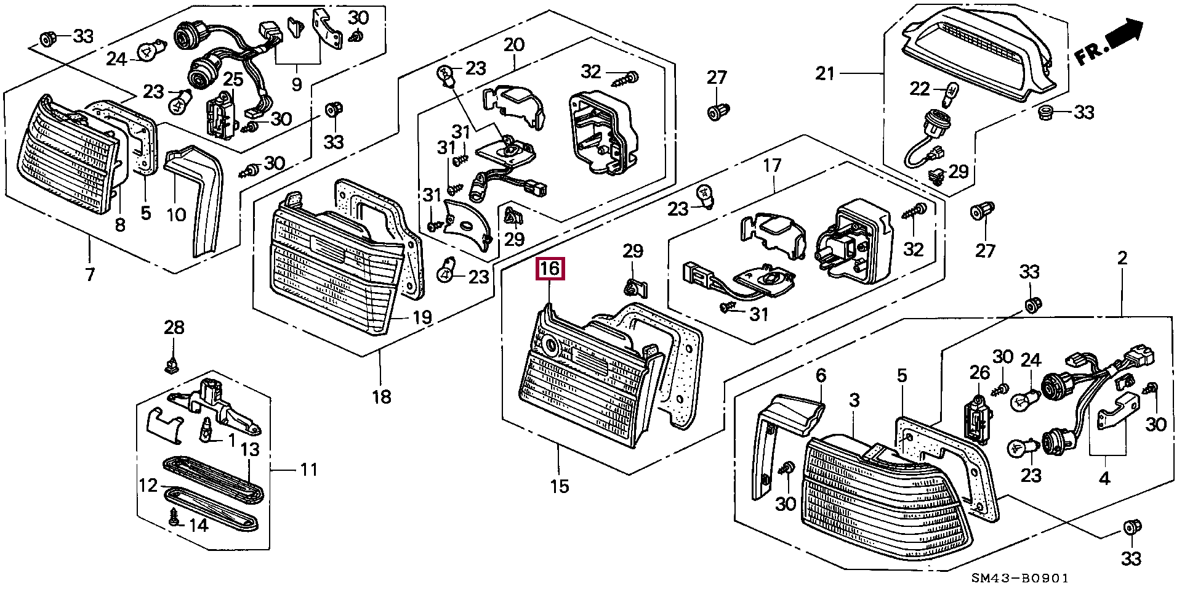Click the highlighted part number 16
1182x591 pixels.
pos(550,269)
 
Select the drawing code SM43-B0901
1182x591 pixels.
pos(1020,579)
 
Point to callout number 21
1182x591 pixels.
pos(825,74)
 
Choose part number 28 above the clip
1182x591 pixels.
pos(174,327)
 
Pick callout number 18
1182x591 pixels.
pos(382,396)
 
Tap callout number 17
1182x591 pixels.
pos(772,165)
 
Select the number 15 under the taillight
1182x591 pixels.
pos(559,486)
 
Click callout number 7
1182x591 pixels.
pos(90,274)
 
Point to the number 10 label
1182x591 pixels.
pos(176,214)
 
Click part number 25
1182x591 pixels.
pos(233,79)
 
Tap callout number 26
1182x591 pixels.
pos(979,372)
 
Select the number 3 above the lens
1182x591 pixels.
pos(854,401)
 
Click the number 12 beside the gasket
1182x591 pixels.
pos(148,486)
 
